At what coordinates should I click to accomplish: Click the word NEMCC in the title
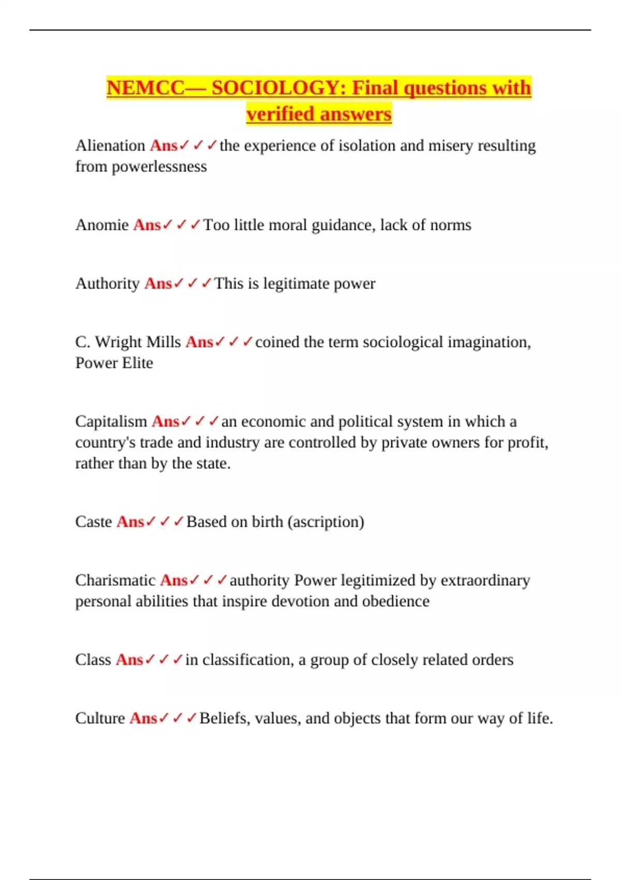coord(145,87)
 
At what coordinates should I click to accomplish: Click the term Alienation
coord(110,145)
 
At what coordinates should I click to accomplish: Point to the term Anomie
coord(102,225)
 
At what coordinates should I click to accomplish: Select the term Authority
coord(108,283)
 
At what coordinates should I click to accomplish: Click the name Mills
coord(164,342)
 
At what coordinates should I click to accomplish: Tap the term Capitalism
coord(111,421)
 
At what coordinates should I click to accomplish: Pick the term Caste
coord(94,521)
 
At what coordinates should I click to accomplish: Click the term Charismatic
coord(115,580)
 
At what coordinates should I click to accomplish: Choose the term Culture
coord(100,718)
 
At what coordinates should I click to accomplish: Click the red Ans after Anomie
coord(147,225)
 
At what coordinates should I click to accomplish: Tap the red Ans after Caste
coord(130,521)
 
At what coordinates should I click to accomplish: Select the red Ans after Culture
coord(143,718)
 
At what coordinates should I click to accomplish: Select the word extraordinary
coord(485,580)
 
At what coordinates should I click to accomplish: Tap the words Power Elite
coord(114,363)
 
